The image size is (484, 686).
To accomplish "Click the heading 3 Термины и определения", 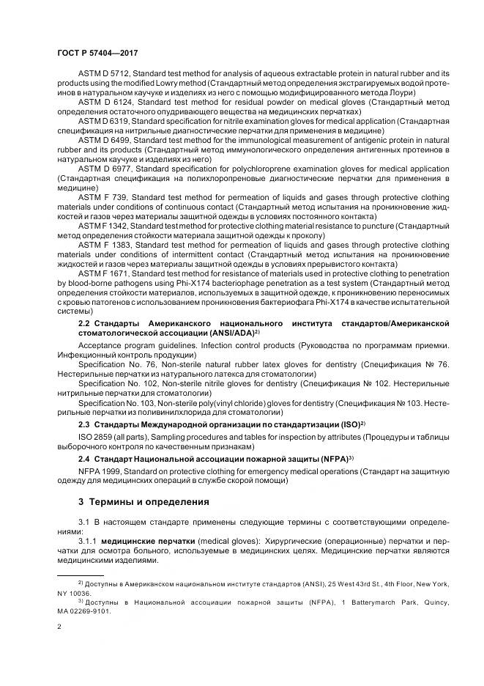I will (x=144, y=502).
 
